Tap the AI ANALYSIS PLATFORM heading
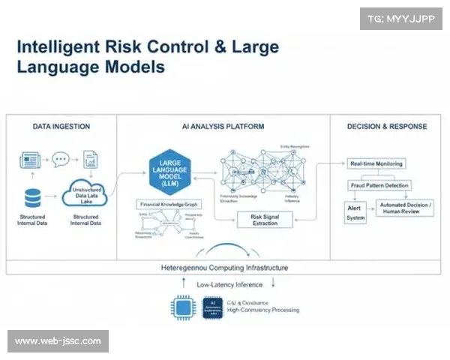pyautogui.click(x=223, y=127)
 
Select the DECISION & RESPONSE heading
pyautogui.click(x=387, y=127)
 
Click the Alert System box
pyautogui.click(x=355, y=212)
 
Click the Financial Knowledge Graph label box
pyautogui.click(x=168, y=204)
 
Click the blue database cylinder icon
pyautogui.click(x=33, y=198)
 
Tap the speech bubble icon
pyautogui.click(x=60, y=160)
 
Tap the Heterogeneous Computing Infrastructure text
pyautogui.click(x=224, y=267)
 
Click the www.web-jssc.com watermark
pyautogui.click(x=58, y=341)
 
